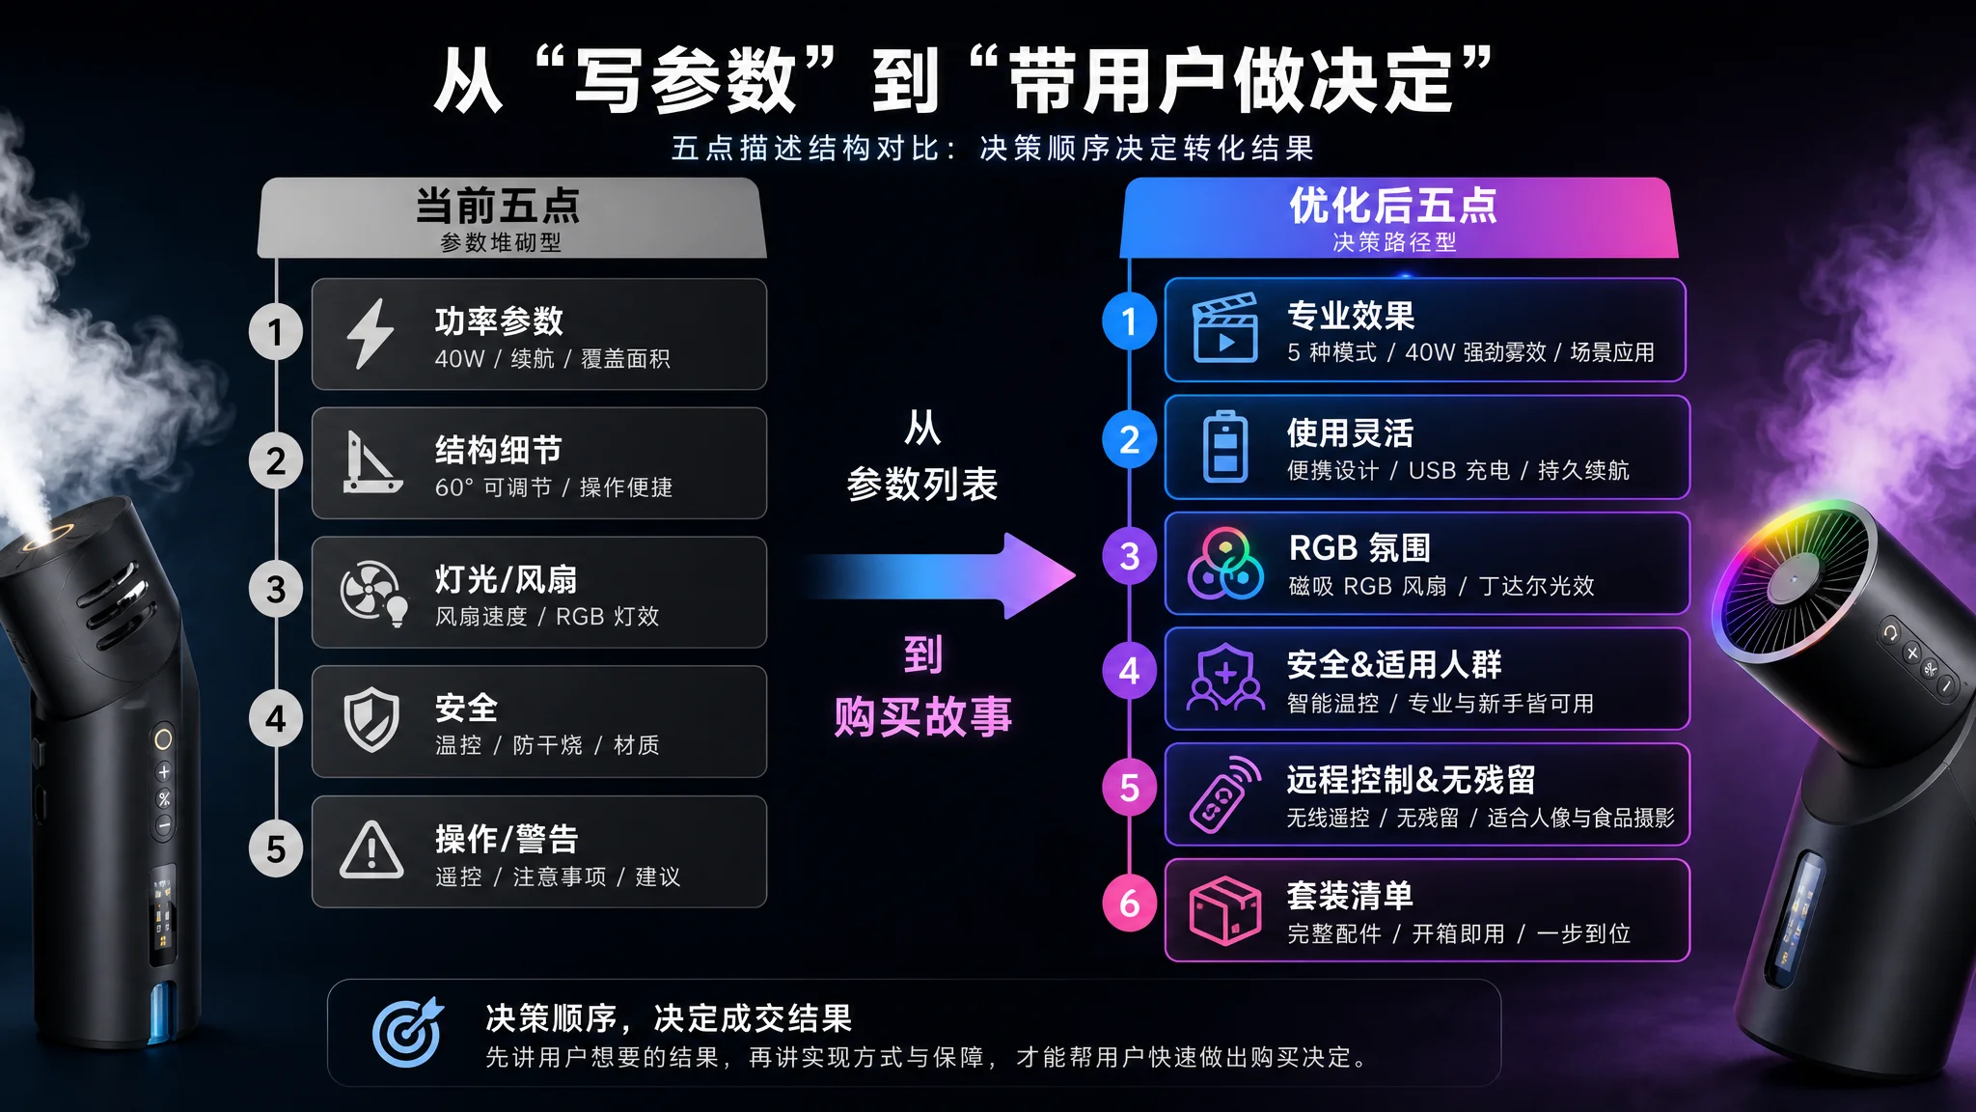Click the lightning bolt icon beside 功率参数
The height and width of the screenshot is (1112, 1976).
pyautogui.click(x=370, y=334)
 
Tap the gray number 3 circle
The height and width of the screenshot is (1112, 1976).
pyautogui.click(x=276, y=589)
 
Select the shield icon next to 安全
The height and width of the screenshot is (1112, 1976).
pyautogui.click(x=371, y=720)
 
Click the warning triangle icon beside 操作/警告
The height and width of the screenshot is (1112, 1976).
pyautogui.click(x=371, y=850)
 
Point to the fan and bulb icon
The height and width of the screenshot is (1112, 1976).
pyautogui.click(x=373, y=593)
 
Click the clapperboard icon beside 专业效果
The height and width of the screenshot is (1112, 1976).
pyautogui.click(x=1225, y=328)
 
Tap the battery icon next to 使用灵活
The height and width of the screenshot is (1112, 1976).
pyautogui.click(x=1225, y=446)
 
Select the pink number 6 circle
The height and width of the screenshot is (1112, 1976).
pyautogui.click(x=1130, y=903)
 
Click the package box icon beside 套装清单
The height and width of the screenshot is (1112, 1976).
pyautogui.click(x=1225, y=910)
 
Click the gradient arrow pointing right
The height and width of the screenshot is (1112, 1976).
pyautogui.click(x=941, y=576)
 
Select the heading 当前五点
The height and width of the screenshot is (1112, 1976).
pyautogui.click(x=498, y=206)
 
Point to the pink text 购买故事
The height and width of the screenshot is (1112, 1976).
pyautogui.click(x=923, y=717)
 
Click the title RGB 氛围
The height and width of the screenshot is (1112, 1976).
pyautogui.click(x=1360, y=548)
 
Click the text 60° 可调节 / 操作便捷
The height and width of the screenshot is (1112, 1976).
pyautogui.click(x=554, y=487)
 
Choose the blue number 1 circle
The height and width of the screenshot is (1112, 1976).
pyautogui.click(x=1130, y=321)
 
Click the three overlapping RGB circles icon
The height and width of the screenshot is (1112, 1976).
pyautogui.click(x=1225, y=564)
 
